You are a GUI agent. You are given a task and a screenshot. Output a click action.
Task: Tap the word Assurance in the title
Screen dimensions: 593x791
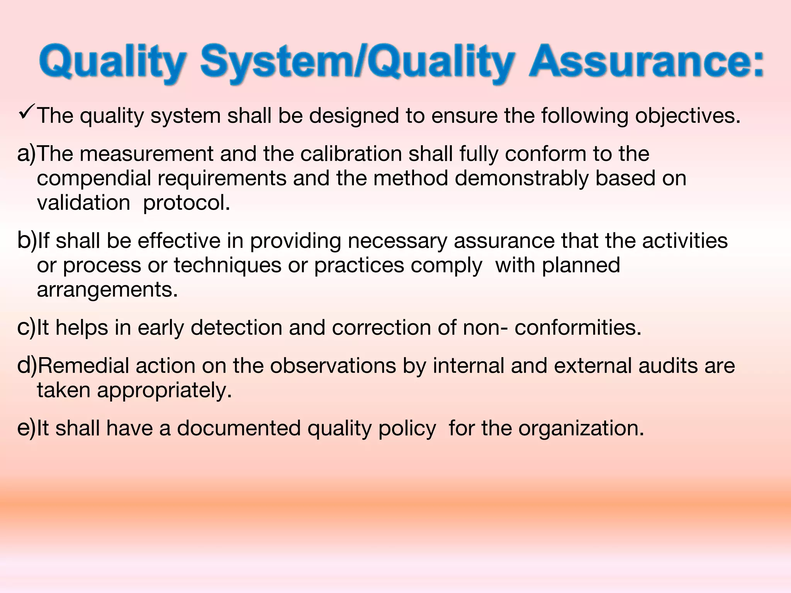click(646, 62)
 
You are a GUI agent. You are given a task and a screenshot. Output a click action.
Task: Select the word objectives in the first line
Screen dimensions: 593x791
click(687, 116)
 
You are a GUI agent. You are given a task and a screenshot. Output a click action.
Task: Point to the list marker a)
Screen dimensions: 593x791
click(26, 154)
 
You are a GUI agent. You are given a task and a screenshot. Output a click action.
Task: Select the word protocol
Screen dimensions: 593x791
click(186, 203)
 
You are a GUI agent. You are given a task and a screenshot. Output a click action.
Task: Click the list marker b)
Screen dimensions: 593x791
click(26, 241)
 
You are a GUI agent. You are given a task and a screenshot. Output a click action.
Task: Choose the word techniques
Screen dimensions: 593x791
click(227, 266)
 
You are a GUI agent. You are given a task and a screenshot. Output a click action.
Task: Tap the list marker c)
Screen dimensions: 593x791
click(26, 328)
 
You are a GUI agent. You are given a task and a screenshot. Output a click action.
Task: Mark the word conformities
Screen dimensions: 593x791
click(577, 328)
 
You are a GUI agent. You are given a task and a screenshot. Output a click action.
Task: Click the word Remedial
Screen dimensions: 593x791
click(83, 366)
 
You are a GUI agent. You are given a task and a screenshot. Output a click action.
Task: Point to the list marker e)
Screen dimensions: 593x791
click(26, 428)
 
